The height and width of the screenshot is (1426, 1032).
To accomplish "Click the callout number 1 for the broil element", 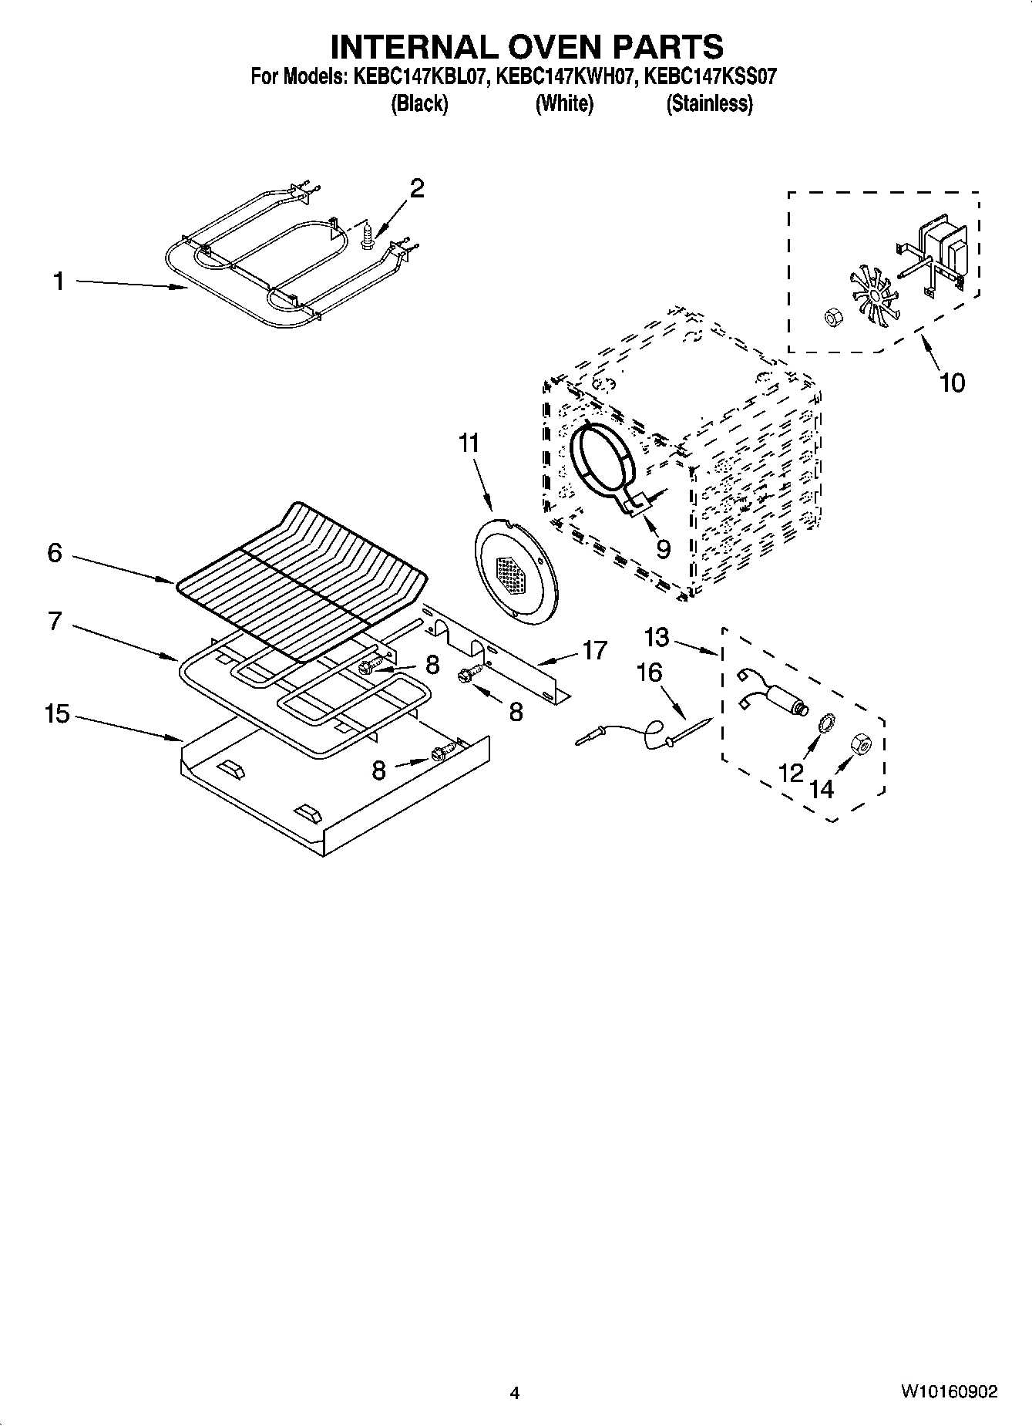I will pyautogui.click(x=59, y=282).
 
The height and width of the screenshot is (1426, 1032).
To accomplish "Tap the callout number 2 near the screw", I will pyautogui.click(x=416, y=188).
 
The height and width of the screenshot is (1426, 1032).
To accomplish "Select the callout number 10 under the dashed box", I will pyautogui.click(x=952, y=383).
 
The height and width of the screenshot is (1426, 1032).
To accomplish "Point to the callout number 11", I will pyautogui.click(x=468, y=443).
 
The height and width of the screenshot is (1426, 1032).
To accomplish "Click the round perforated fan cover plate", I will pyautogui.click(x=515, y=568).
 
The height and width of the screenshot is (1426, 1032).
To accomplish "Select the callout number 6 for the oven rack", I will pyautogui.click(x=54, y=553).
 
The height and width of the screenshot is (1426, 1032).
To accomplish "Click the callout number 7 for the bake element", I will pyautogui.click(x=54, y=621).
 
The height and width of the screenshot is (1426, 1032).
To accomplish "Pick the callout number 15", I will pyautogui.click(x=56, y=714).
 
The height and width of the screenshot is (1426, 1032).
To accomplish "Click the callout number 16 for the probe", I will pyautogui.click(x=649, y=673).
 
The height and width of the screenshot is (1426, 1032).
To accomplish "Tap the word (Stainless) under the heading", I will pyautogui.click(x=709, y=103).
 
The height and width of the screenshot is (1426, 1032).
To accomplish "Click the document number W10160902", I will pyautogui.click(x=949, y=1392).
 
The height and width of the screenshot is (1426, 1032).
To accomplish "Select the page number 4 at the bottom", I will pyautogui.click(x=515, y=1393).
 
